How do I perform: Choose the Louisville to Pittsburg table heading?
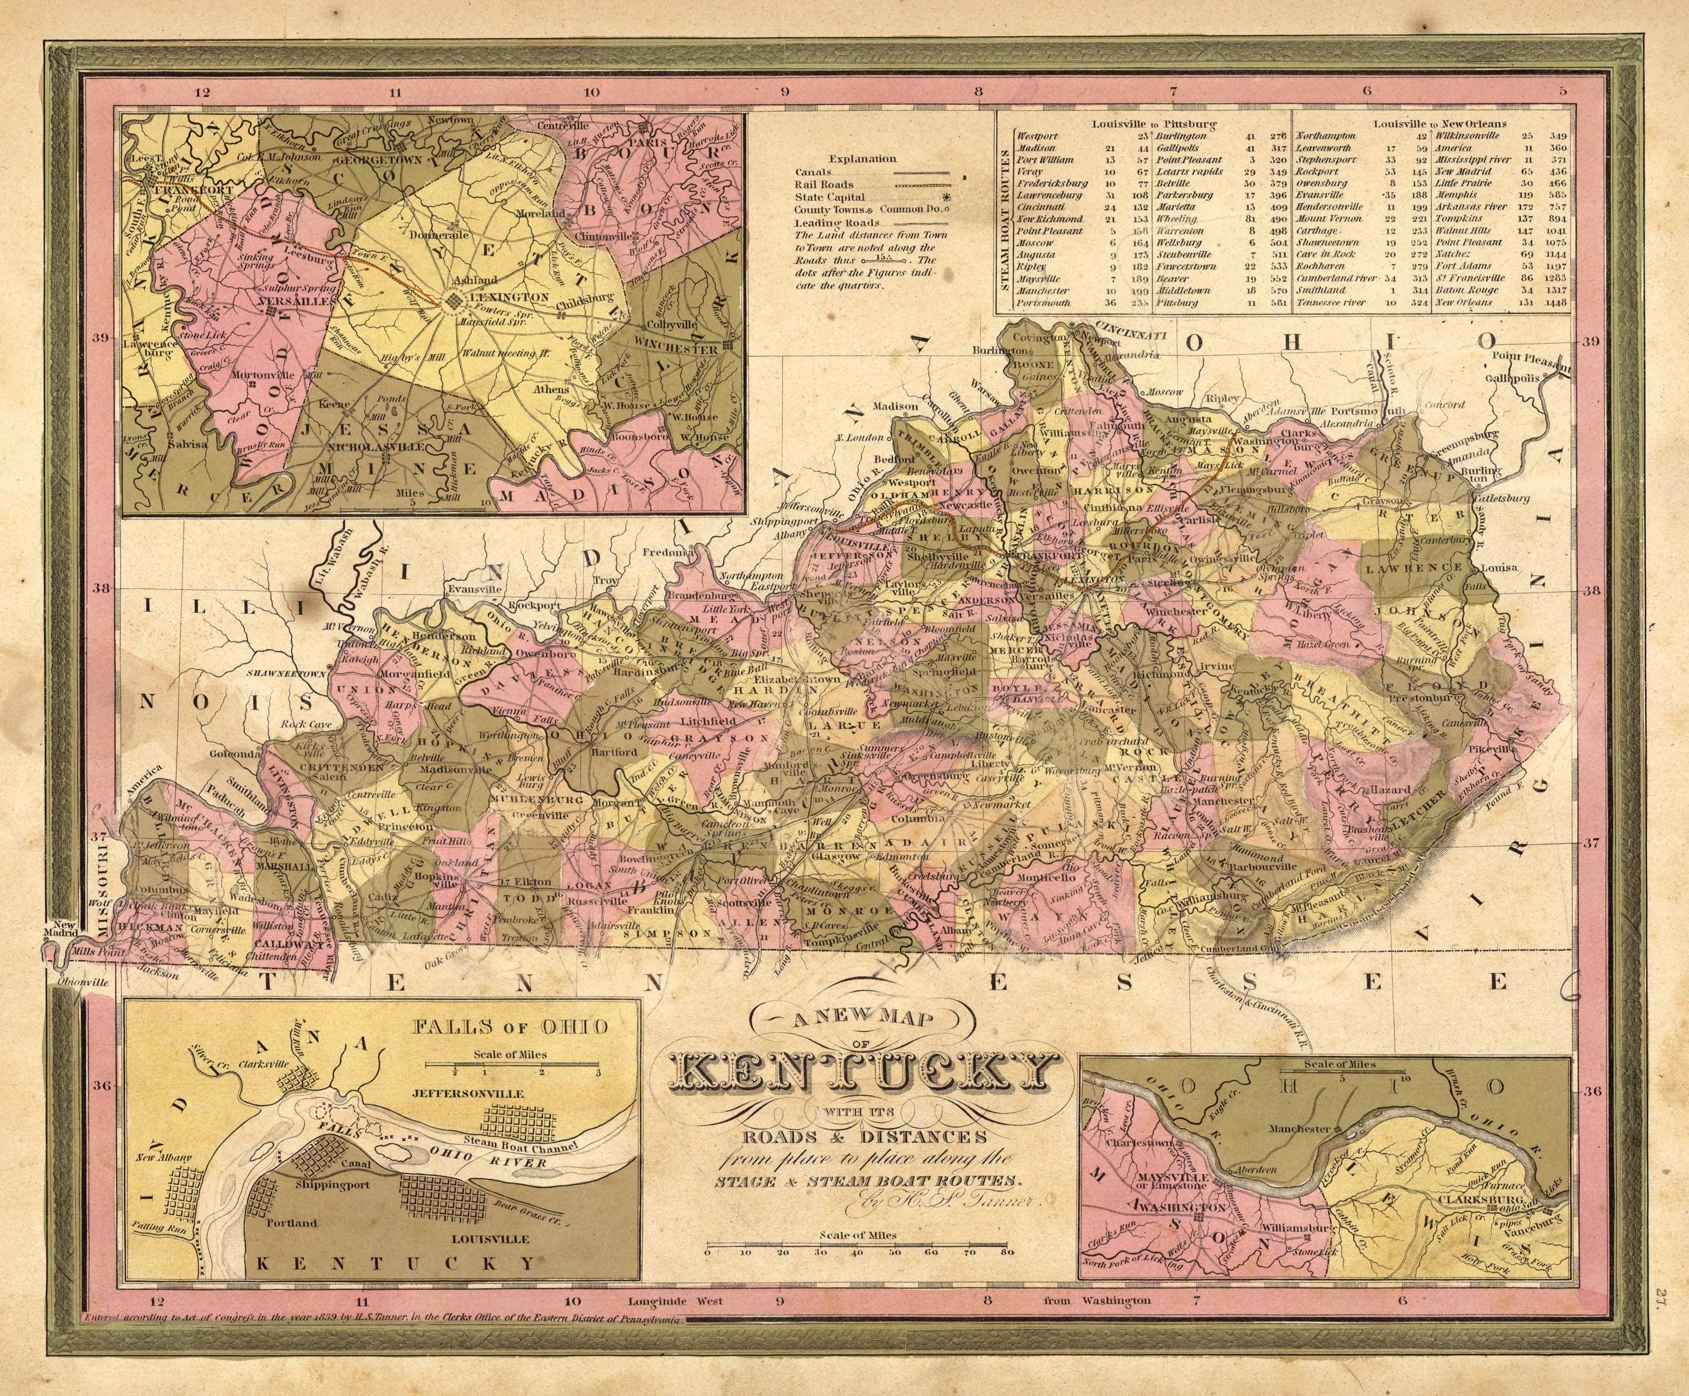(x=1153, y=124)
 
